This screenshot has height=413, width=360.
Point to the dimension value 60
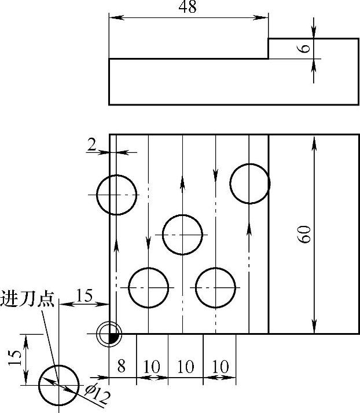click(x=306, y=233)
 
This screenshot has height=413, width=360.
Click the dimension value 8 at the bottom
click(x=121, y=366)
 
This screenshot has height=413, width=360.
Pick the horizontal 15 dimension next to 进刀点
click(x=85, y=295)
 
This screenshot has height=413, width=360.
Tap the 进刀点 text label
click(x=28, y=299)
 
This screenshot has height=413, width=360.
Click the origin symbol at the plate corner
click(x=110, y=334)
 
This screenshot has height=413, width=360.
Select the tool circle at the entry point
click(x=58, y=385)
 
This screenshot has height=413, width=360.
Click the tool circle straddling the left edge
click(x=116, y=195)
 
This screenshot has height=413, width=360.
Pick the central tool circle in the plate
click(x=183, y=235)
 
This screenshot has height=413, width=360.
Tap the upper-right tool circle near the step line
click(x=249, y=184)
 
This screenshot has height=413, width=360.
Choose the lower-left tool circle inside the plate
click(x=148, y=287)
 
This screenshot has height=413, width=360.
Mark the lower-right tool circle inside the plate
click(x=215, y=287)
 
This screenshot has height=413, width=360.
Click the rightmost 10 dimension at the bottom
click(x=221, y=367)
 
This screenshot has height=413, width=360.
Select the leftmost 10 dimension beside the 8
click(x=153, y=367)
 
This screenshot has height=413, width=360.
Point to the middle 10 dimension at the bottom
click(x=186, y=367)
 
